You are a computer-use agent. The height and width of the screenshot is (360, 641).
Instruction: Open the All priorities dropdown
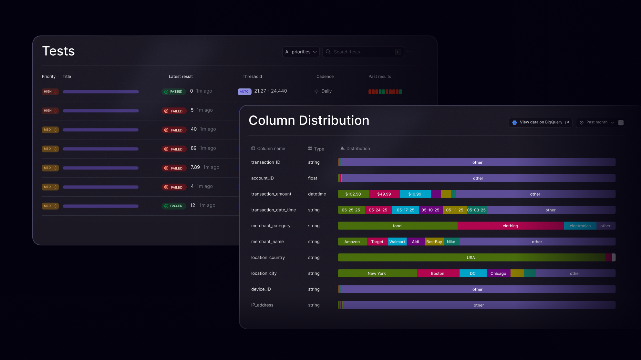(301, 52)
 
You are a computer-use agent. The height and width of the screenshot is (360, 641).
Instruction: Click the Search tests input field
(362, 52)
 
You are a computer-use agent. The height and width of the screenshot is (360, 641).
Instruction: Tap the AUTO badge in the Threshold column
(244, 92)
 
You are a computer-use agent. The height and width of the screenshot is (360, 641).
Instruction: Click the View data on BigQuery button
(541, 122)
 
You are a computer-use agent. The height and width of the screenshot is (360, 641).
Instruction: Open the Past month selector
(597, 122)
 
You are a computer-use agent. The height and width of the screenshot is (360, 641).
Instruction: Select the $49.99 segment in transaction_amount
(384, 194)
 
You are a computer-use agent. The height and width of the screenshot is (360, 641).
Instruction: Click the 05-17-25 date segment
(405, 210)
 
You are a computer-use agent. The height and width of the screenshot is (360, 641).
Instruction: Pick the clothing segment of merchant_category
(510, 226)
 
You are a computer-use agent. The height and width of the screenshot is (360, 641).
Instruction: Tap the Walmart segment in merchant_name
(397, 242)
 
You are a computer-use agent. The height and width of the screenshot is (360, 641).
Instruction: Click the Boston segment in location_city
(438, 273)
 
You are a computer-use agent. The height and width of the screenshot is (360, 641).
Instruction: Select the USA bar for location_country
(470, 258)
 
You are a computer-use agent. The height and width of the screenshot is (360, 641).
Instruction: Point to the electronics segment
(580, 226)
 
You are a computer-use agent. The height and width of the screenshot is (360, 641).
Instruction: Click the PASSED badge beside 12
(173, 206)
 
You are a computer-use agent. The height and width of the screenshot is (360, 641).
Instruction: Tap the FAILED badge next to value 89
(174, 149)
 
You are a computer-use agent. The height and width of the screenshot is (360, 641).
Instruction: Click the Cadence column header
(325, 77)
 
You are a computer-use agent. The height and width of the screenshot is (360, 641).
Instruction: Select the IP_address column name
(262, 305)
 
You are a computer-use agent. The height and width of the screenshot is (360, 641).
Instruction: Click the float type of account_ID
(312, 178)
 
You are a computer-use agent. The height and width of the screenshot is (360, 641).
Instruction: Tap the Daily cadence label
(326, 91)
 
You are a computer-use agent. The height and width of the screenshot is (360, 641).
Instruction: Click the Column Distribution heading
(309, 120)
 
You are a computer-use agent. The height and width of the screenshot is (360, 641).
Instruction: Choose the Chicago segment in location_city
(498, 273)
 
